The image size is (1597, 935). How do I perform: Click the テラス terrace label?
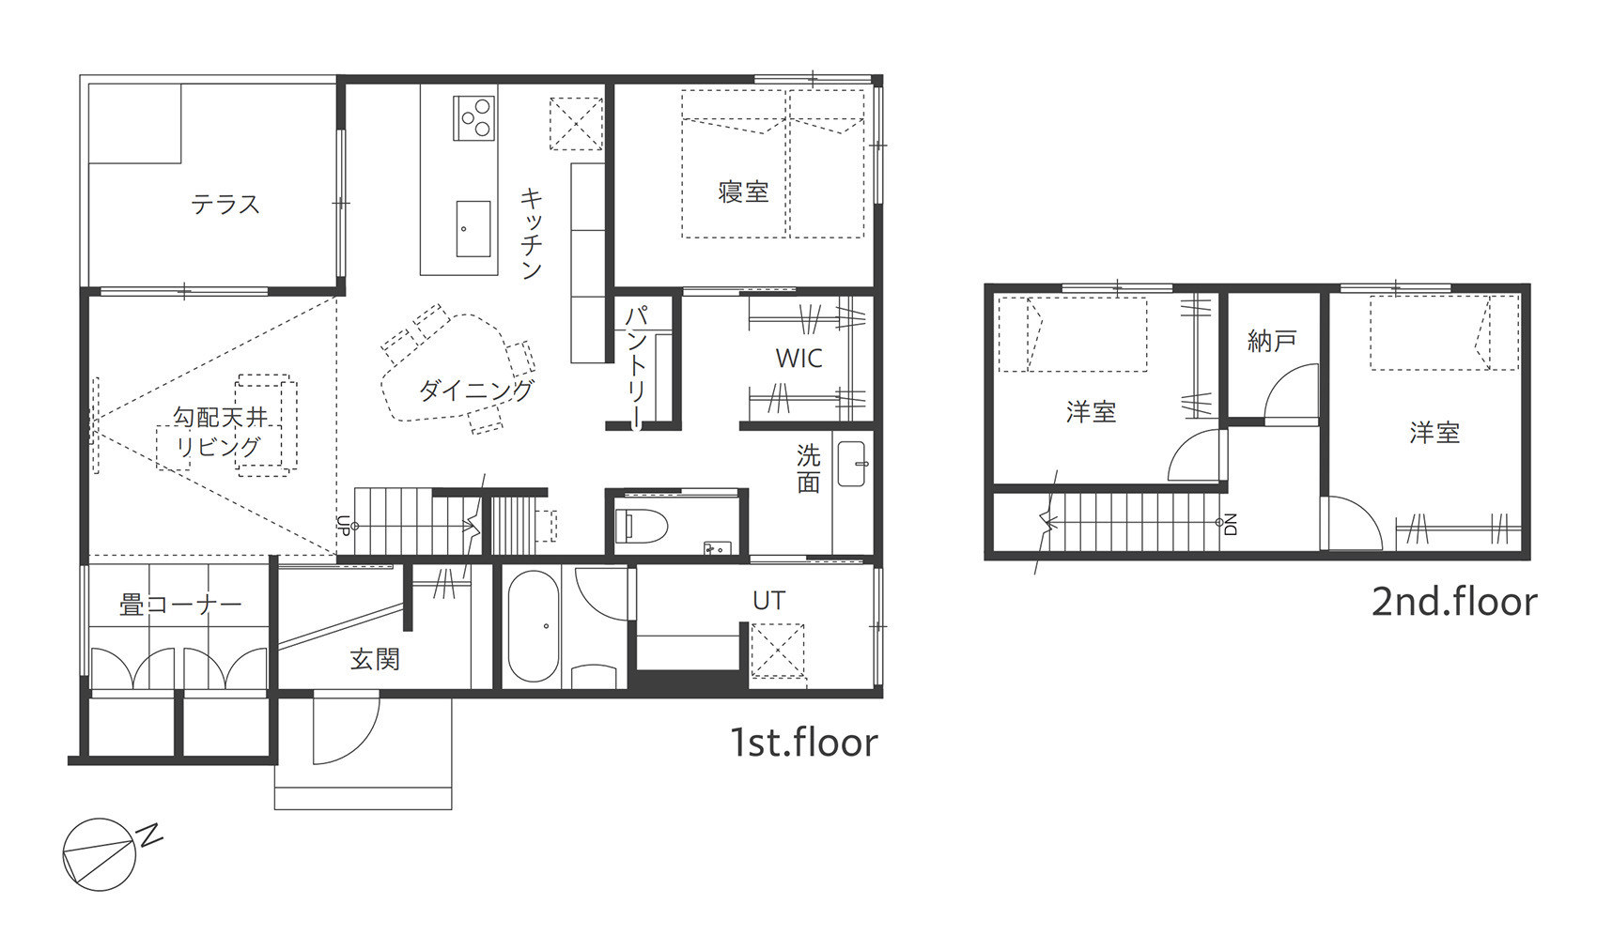coord(225,206)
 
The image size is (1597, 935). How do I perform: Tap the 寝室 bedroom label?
coord(744,192)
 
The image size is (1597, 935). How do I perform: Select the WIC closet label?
coord(799,359)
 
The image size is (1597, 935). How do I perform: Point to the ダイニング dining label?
coord(475,390)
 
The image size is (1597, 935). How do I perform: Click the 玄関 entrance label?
coord(374,659)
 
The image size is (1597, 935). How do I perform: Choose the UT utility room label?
coord(768,601)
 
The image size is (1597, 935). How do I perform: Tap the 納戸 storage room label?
coord(1271,342)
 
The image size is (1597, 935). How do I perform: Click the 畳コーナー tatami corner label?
coord(180,605)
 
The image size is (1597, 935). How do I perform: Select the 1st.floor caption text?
coord(804,743)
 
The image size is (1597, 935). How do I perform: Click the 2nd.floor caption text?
coord(1454,602)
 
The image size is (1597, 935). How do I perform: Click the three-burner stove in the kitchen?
coord(474,117)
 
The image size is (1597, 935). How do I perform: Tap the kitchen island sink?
coord(473,228)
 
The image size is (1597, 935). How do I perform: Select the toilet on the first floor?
coord(641,526)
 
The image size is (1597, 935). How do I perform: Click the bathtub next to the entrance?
coord(534,626)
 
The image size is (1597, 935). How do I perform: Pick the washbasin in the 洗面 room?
coord(852,464)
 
